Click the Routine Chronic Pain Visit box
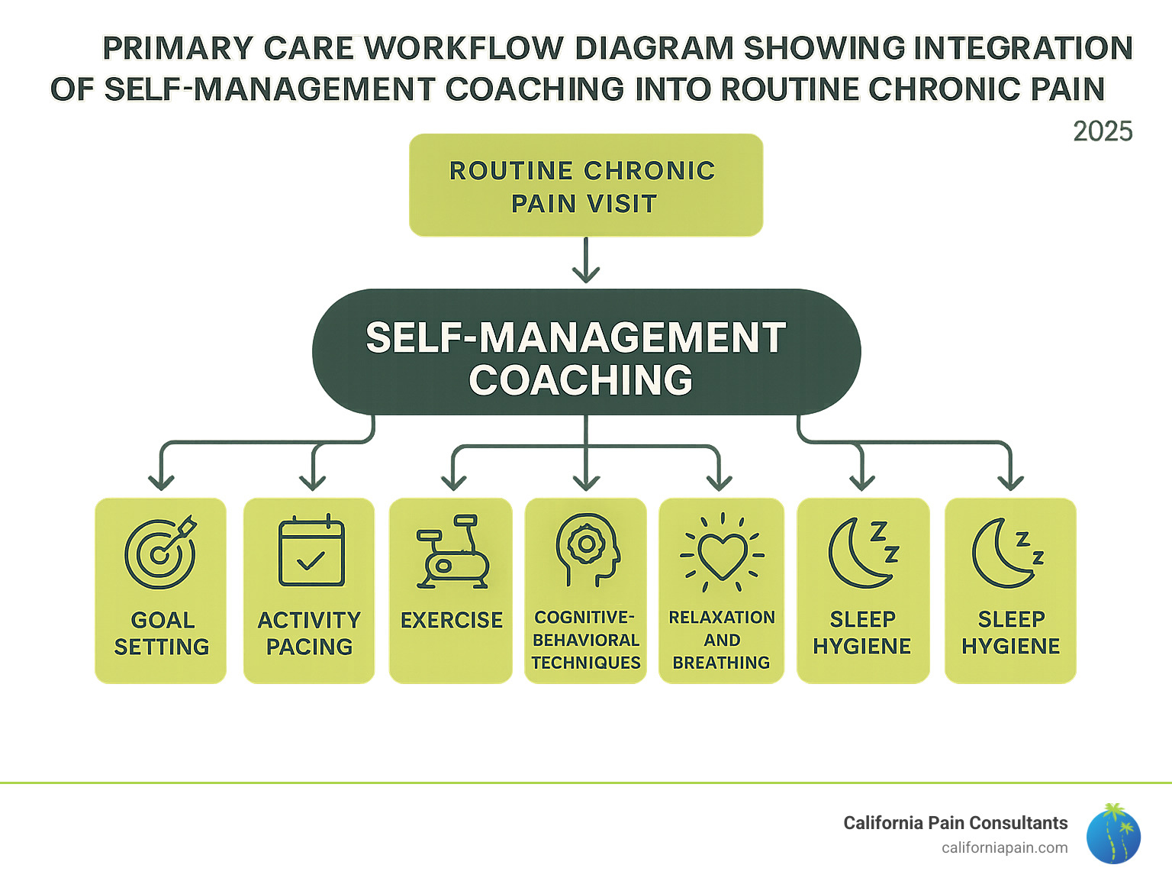[585, 186]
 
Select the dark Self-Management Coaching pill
[585, 352]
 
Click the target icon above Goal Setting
[160, 553]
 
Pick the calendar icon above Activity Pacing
[311, 551]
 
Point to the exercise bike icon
[452, 553]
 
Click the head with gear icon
[586, 550]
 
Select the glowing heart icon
[722, 555]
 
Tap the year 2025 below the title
[1102, 131]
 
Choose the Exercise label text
[452, 620]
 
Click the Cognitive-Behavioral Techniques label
[586, 640]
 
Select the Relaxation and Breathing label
[722, 640]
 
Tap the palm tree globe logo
[1113, 834]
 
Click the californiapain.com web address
[1004, 847]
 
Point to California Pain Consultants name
[955, 823]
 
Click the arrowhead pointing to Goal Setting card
[161, 482]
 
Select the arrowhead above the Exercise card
[454, 482]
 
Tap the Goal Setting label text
[162, 633]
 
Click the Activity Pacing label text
[309, 633]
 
